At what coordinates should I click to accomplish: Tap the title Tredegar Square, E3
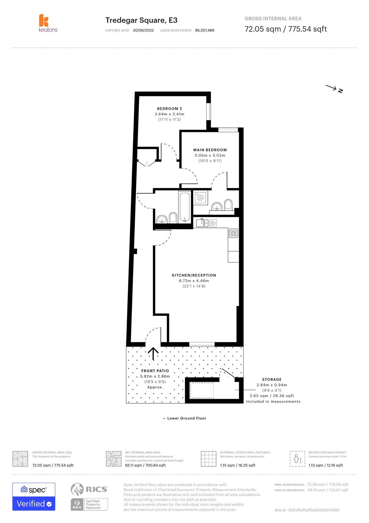click(141, 20)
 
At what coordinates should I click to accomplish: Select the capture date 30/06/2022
click(143, 30)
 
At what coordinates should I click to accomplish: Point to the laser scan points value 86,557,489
click(205, 30)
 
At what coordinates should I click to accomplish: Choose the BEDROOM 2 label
click(169, 109)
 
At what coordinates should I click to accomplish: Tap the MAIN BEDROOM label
click(210, 150)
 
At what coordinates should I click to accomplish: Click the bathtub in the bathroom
click(184, 207)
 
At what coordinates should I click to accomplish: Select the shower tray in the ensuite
click(200, 197)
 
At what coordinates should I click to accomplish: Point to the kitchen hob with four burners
click(233, 233)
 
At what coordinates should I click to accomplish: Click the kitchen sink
click(203, 223)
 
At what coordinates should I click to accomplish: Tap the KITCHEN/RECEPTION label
click(194, 275)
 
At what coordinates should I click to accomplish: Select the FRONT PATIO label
click(155, 371)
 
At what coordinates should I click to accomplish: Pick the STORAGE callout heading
click(271, 380)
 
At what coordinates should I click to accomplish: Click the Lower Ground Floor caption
click(186, 418)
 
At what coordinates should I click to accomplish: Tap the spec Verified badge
click(34, 497)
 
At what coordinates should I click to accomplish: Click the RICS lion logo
click(77, 489)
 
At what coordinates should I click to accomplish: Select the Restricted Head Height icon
click(297, 459)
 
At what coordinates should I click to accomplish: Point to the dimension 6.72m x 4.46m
click(194, 281)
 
